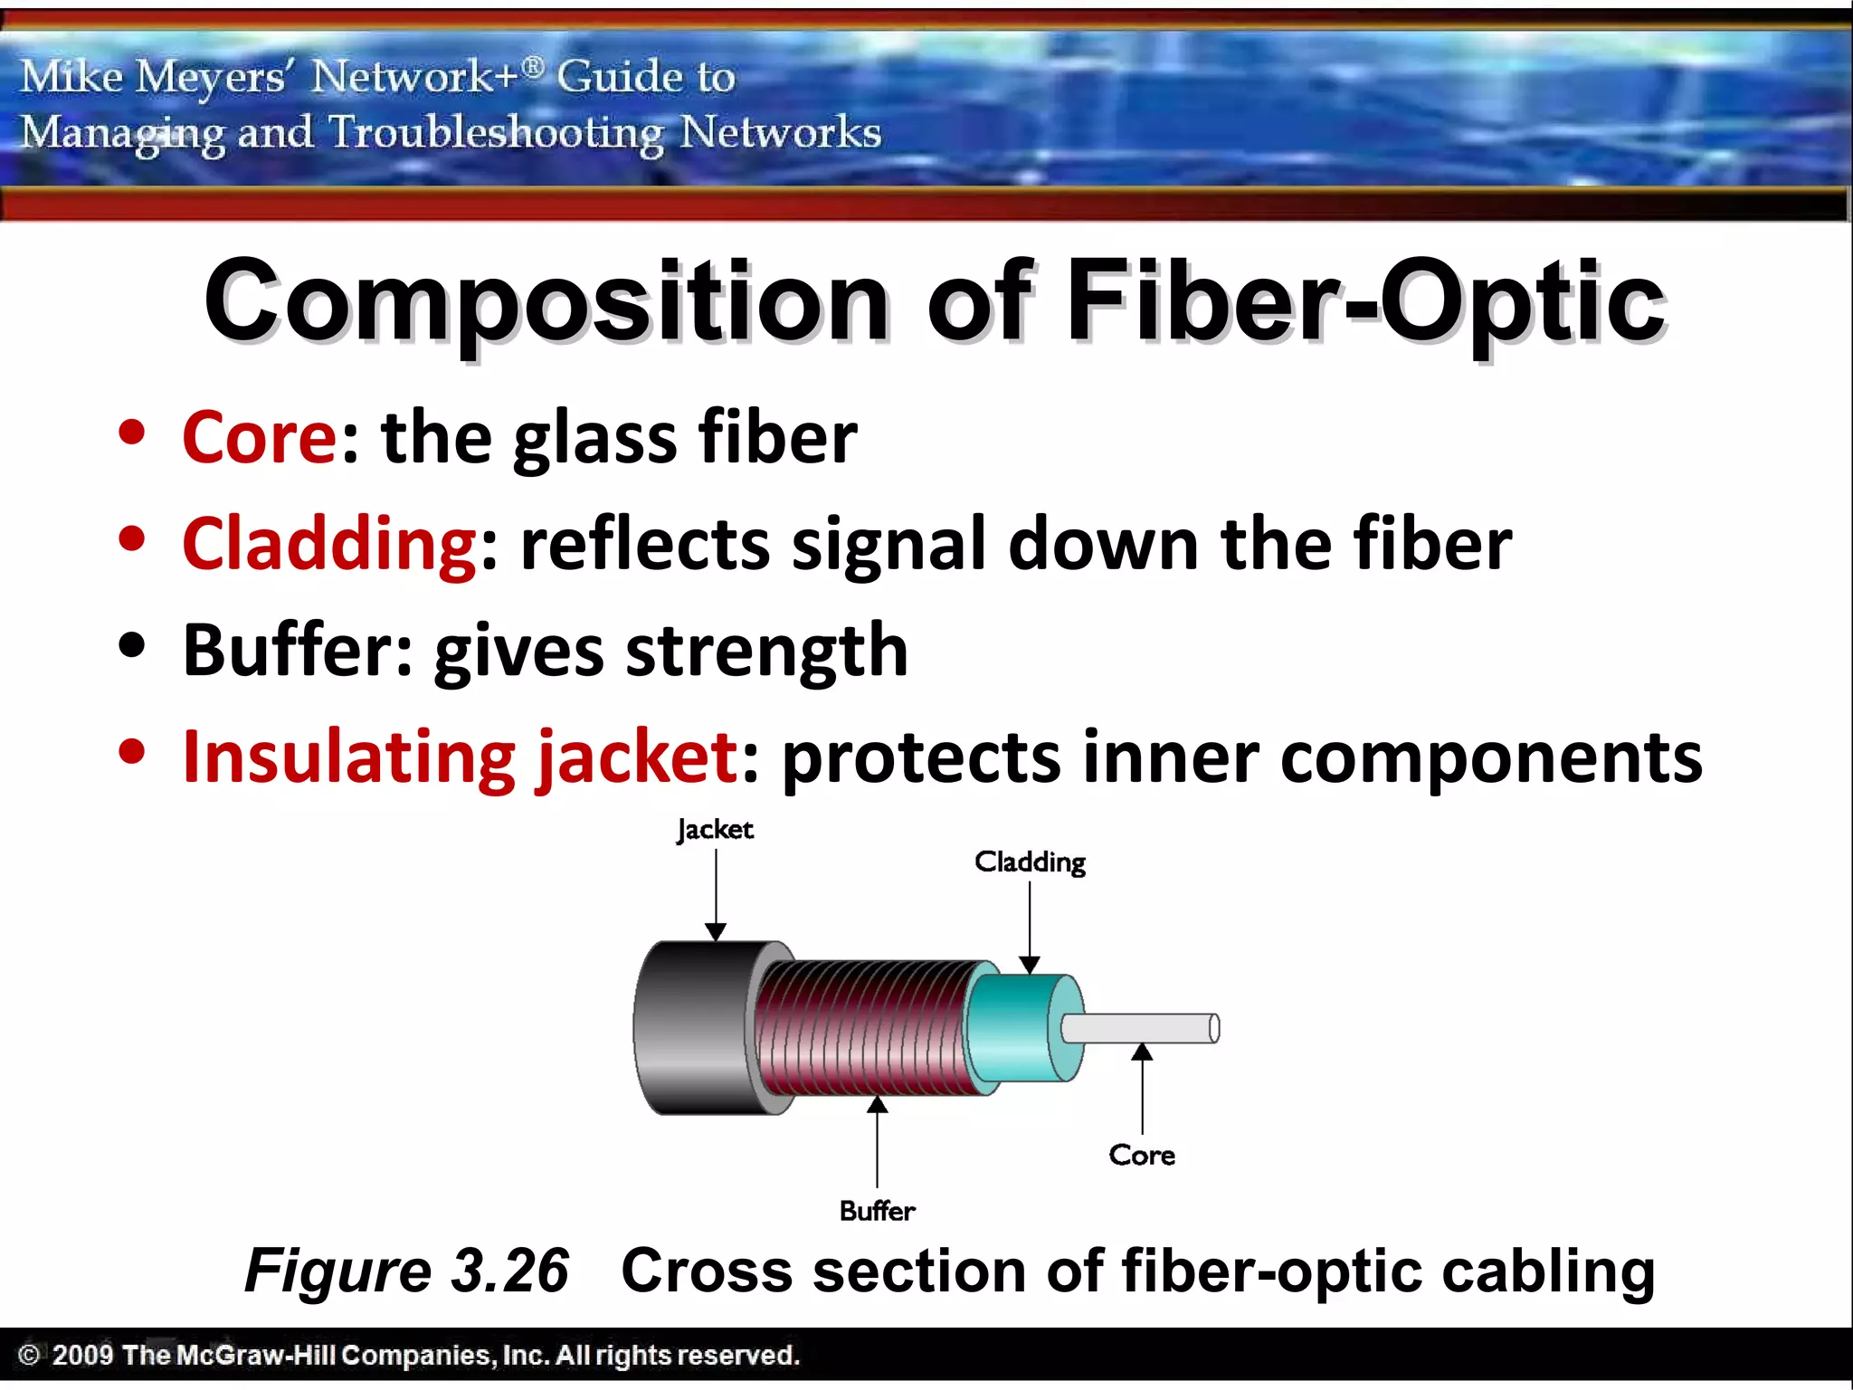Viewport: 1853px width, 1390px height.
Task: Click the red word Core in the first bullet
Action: (x=260, y=438)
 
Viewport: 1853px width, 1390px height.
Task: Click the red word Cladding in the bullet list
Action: (x=329, y=544)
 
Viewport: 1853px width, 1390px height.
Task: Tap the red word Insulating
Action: (x=348, y=757)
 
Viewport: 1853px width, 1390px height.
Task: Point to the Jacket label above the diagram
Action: (x=715, y=830)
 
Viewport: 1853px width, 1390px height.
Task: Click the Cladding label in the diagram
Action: (x=1030, y=862)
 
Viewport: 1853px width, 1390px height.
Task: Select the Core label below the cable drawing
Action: (x=1142, y=1156)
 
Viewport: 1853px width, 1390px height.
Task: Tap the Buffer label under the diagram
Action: (x=877, y=1211)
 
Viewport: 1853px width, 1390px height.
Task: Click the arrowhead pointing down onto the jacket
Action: (x=716, y=932)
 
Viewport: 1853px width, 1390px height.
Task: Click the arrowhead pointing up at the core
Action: (x=1142, y=1052)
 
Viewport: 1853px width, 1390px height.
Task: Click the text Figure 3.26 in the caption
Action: (x=407, y=1271)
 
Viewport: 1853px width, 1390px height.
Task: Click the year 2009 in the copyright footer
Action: (x=82, y=1355)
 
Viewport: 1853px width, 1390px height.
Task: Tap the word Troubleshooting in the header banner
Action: (x=496, y=133)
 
